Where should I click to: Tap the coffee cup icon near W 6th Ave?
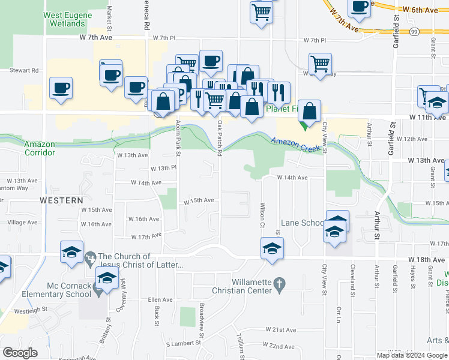(360, 8)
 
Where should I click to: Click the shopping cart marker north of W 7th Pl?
(261, 12)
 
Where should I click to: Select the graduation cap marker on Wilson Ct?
(272, 248)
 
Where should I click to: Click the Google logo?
(20, 353)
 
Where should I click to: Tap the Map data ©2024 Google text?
(412, 355)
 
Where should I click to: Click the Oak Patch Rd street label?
(220, 138)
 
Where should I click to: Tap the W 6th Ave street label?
(421, 10)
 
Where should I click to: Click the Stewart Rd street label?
(24, 70)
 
